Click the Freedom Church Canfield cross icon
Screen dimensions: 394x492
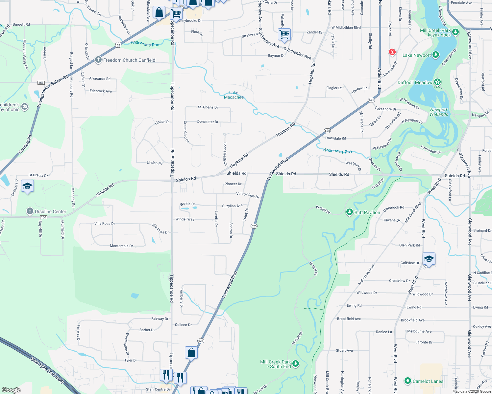point(98,60)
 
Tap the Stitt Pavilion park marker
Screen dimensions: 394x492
point(350,212)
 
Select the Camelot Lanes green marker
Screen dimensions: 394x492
point(408,381)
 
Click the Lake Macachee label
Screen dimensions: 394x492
point(234,95)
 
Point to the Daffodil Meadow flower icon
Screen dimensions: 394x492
point(437,82)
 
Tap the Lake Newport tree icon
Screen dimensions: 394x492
point(436,55)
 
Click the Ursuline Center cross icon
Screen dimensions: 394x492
point(30,211)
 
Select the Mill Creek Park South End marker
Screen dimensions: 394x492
point(296,363)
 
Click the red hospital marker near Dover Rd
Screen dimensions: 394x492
point(392,52)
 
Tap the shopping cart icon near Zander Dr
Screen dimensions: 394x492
point(284,34)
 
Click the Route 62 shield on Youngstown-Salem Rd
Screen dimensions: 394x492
point(118,45)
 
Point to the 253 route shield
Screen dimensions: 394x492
point(41,83)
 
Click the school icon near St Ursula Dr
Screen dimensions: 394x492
point(27,186)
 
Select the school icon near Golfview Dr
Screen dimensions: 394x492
point(429,259)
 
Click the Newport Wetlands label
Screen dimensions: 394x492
point(439,112)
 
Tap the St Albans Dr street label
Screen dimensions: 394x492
point(208,107)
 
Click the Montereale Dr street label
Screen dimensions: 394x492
point(121,246)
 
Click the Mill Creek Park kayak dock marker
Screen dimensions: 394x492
point(455,32)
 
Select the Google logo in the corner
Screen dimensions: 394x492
point(11,390)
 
